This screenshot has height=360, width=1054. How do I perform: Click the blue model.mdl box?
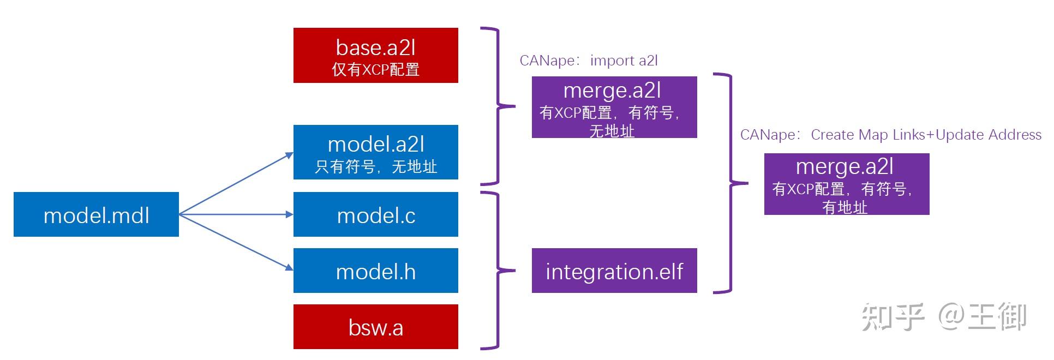coord(96,214)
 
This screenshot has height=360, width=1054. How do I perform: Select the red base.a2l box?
coord(375,55)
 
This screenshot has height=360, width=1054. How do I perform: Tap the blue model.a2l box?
coord(375,152)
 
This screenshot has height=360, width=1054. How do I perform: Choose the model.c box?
coord(375,214)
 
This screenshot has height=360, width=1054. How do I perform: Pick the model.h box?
coord(375,271)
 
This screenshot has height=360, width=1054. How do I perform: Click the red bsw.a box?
coord(375,327)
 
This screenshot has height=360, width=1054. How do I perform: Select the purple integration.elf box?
coord(614,271)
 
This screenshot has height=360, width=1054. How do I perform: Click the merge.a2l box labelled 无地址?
coord(614,107)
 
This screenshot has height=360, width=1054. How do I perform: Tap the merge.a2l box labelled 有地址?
coord(846,184)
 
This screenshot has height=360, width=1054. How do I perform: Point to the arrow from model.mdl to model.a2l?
coord(236,184)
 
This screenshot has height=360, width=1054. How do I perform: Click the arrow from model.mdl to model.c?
coord(236,214)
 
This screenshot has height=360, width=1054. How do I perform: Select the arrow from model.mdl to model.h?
coord(236,242)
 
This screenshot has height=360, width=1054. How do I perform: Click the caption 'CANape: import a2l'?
coord(589,61)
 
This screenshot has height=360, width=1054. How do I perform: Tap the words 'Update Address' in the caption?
coord(989,135)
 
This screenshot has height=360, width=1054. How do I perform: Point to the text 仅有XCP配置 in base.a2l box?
coord(375,70)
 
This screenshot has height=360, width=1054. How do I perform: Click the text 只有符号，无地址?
coord(375,166)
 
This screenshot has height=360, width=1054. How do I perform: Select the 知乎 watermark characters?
coord(893,317)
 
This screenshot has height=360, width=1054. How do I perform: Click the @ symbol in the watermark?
coord(951,317)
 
